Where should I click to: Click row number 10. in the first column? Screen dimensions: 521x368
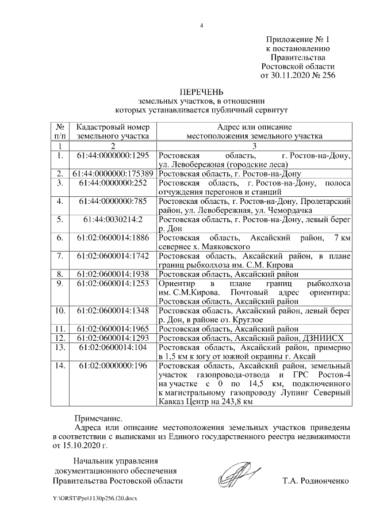[59, 310]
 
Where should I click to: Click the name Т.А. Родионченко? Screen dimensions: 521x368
[316, 480]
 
